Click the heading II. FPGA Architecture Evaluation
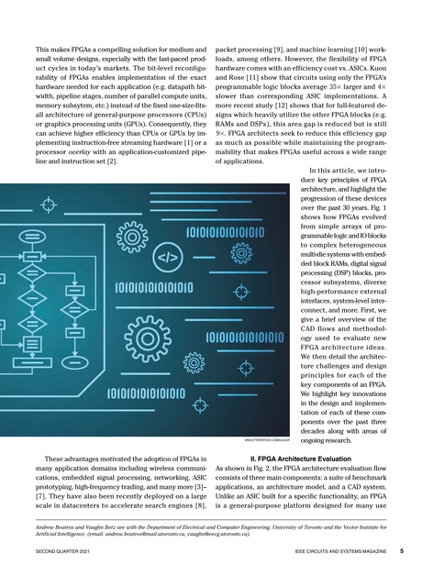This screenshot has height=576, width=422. (x=311, y=456)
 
